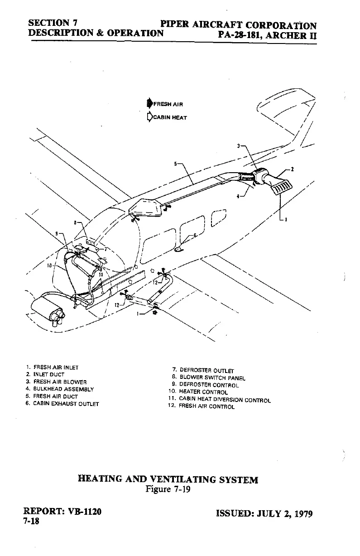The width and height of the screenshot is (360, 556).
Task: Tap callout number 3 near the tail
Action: click(239, 146)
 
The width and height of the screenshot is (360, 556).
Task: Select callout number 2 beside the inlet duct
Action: click(293, 169)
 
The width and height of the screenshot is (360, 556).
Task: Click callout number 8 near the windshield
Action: click(77, 223)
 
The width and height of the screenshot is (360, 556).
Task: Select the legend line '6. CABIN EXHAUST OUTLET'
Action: click(62, 403)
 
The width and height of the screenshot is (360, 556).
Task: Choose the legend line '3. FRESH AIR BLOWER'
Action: click(56, 382)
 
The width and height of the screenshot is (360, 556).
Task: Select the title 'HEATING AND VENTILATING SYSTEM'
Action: click(168, 479)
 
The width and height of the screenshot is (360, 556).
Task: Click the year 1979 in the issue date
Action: click(303, 514)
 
